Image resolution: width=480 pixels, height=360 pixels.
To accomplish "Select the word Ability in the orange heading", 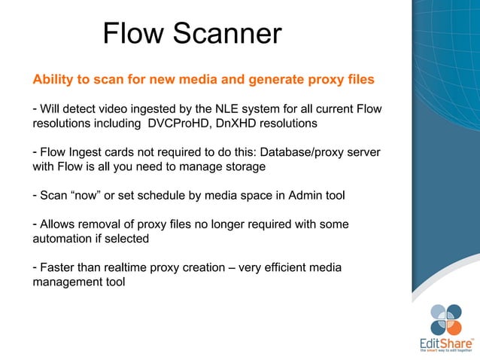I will click(x=52, y=79).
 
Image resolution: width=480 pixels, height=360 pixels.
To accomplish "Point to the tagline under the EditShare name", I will click(x=447, y=350).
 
